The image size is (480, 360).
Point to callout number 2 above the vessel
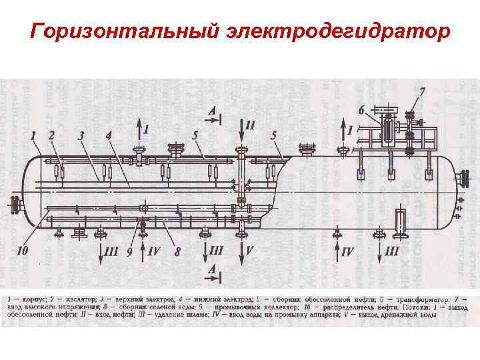52,135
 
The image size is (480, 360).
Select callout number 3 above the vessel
81,135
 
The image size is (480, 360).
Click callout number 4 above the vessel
109,135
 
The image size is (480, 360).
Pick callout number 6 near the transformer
361,109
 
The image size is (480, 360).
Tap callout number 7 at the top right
421,90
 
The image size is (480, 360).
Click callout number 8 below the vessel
177,252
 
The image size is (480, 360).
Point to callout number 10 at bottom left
23,251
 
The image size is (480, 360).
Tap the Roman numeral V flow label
250,251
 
